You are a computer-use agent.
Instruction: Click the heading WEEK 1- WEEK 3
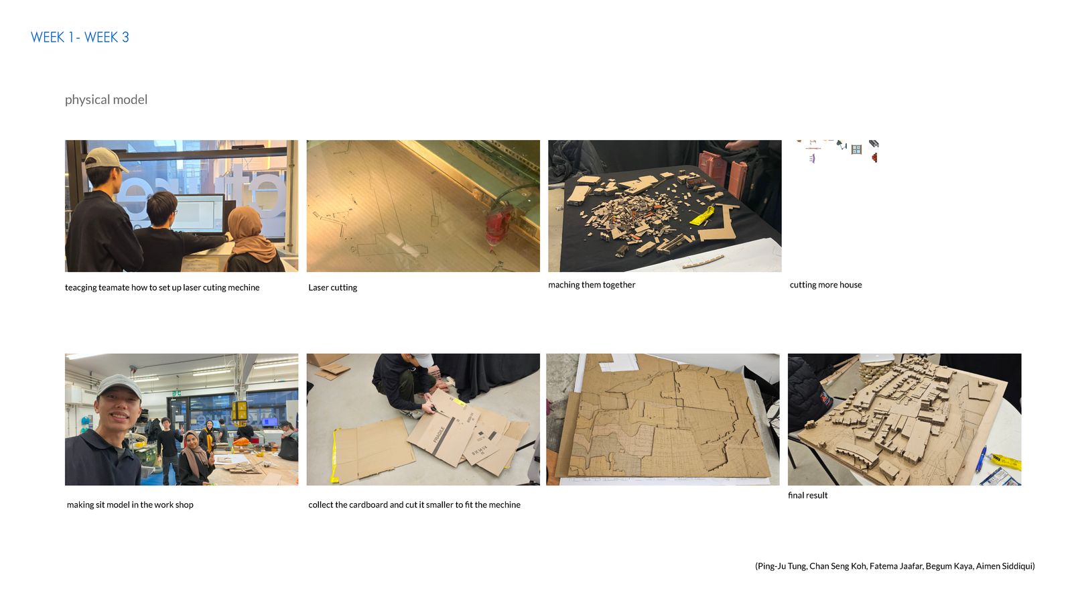(80, 38)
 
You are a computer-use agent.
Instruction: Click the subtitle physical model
(107, 100)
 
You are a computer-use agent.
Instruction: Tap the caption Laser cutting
(332, 287)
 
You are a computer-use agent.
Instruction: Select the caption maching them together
(592, 285)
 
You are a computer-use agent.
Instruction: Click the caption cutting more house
(825, 285)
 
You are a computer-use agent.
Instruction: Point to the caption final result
(808, 495)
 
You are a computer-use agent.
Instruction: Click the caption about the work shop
(130, 505)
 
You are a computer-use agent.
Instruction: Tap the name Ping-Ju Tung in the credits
(782, 566)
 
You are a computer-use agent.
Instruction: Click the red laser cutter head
(498, 224)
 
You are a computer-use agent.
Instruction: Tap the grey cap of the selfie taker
(119, 386)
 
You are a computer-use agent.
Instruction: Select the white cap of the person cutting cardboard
(422, 360)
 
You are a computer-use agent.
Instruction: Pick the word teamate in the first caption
(114, 287)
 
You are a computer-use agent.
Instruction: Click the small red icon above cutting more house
(875, 157)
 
